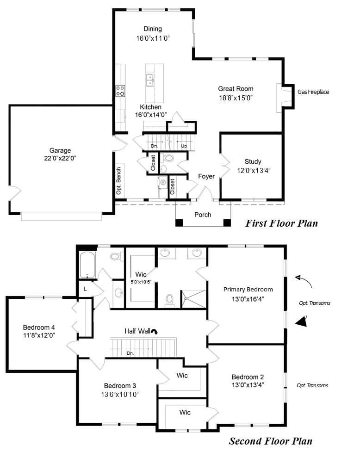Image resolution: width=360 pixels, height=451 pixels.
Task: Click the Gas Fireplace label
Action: tap(313, 92)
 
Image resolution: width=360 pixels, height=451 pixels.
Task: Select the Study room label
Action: tap(253, 161)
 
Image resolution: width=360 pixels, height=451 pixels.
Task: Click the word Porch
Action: tap(203, 215)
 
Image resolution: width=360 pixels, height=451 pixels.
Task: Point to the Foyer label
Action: tap(206, 176)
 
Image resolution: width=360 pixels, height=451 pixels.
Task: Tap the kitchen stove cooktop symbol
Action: tap(120, 90)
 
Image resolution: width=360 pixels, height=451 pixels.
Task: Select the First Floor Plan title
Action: tap(281, 223)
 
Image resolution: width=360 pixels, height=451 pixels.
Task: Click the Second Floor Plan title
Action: tap(270, 441)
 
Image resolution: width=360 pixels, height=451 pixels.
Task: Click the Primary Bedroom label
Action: tap(248, 290)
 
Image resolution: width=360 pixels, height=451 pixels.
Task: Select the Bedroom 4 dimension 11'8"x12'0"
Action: tap(39, 336)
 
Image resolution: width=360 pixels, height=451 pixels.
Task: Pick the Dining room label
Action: tap(153, 29)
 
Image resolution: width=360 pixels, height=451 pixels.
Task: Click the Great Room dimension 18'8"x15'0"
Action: tap(236, 98)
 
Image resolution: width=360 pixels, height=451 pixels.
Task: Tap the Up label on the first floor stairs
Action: tap(184, 146)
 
